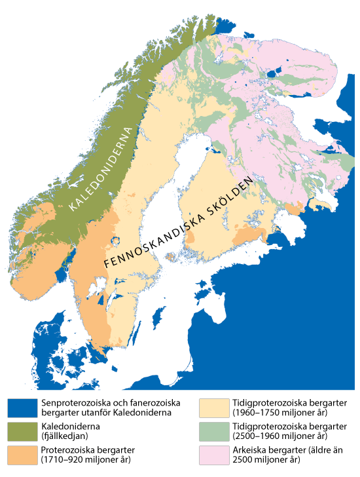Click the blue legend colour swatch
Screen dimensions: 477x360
(22, 407)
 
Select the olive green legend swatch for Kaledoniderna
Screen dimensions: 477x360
(22, 431)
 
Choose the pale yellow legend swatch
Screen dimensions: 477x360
(213, 407)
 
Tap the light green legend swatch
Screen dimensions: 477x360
(213, 431)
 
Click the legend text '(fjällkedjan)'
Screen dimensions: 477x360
(68, 436)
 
